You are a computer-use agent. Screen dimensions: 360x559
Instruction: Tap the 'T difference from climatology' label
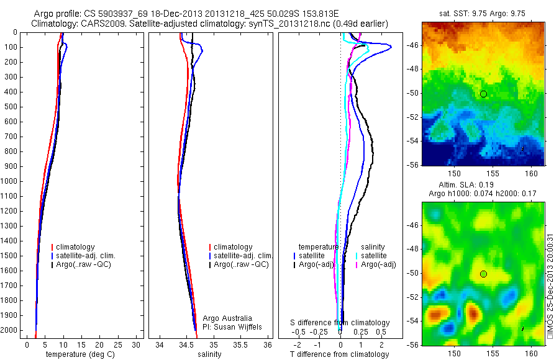coord(339,354)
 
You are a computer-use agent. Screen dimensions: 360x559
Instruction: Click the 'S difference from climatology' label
coord(340,323)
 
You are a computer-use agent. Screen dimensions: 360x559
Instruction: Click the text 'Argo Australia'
coord(228,318)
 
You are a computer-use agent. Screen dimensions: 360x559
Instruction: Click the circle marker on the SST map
coord(483,94)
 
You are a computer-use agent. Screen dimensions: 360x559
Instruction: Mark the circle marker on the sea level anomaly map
coord(483,274)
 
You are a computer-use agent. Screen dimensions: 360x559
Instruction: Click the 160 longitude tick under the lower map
coord(530,353)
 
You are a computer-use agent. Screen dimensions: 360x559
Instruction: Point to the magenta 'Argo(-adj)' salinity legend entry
coord(379,265)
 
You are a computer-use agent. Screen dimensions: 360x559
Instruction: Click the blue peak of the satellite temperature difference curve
coord(390,47)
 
